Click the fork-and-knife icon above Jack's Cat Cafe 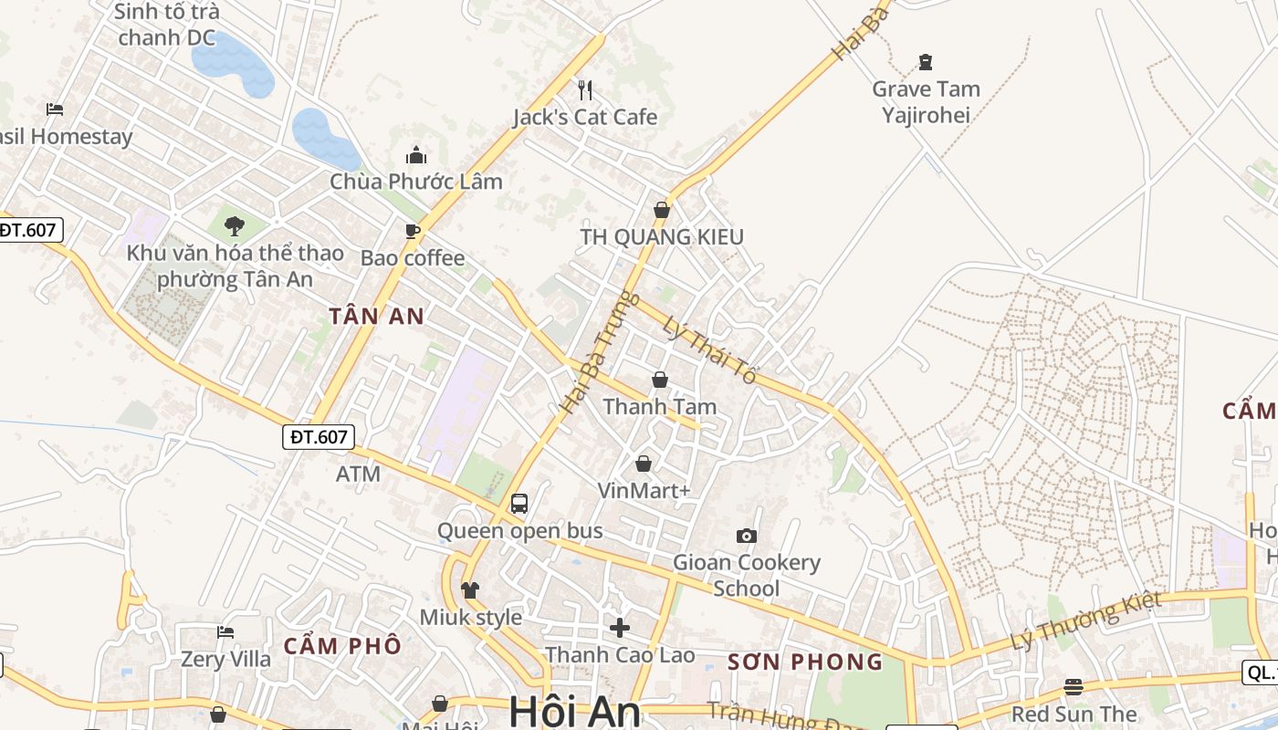coord(585,89)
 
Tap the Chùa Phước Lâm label coord(416,181)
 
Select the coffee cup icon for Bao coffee coord(413,231)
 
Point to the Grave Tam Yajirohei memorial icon coord(926,62)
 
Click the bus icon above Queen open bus coord(519,503)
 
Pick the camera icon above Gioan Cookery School coord(747,536)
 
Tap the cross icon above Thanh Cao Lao coord(620,628)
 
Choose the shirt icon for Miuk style coord(470,590)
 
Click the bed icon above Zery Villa coord(225,631)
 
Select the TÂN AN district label coord(377,317)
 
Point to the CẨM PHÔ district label coord(342,646)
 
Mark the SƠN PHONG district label coord(805,662)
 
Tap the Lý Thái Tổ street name coord(710,349)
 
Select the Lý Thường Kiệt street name coord(1086,621)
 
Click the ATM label coord(358,474)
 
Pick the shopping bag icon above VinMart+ coord(644,464)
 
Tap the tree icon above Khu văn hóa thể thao coord(235,225)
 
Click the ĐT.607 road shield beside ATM coord(318,437)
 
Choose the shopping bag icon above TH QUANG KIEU coord(662,210)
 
